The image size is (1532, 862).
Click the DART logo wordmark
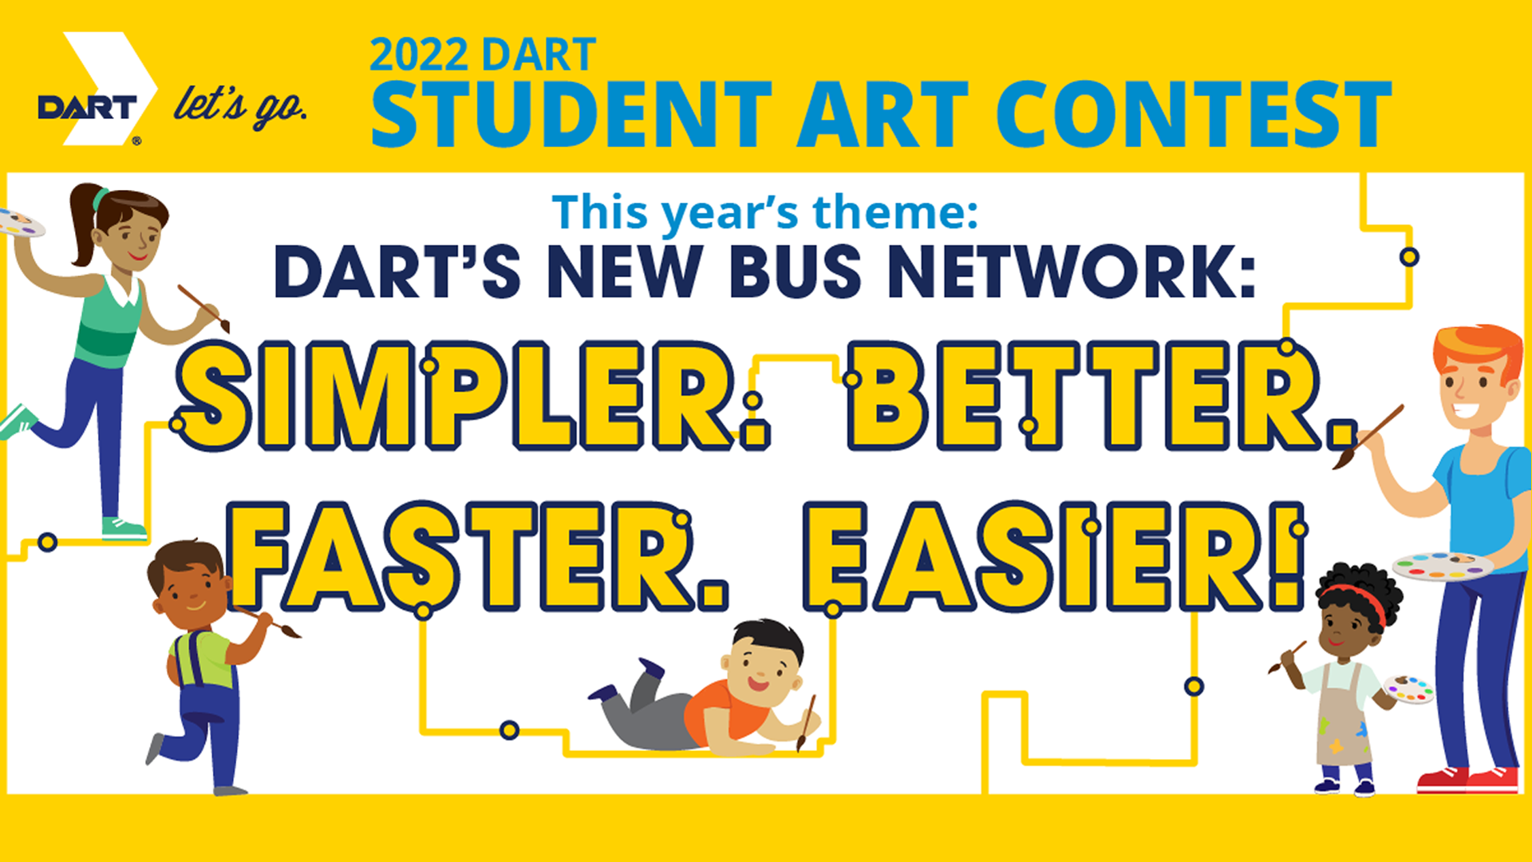88,108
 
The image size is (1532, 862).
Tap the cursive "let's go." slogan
240,106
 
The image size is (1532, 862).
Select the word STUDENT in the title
571,114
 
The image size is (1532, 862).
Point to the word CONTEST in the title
1194,114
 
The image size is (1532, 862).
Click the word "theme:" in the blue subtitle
895,212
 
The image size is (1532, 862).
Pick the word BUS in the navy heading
796,271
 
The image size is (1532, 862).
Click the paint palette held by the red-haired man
1443,565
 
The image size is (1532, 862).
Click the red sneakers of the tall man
1468,779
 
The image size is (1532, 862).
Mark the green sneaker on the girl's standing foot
124,528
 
